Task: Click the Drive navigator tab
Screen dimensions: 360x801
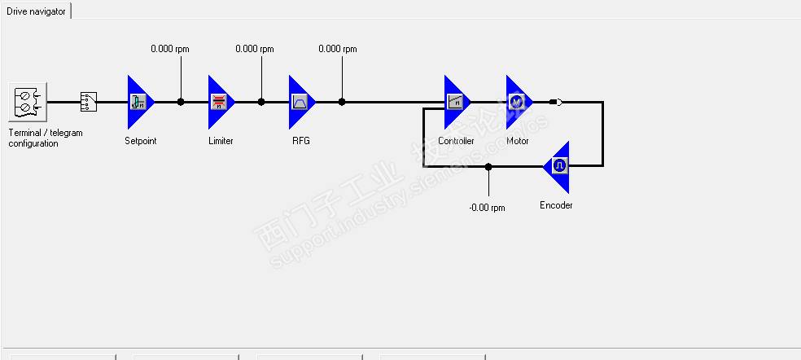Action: point(36,11)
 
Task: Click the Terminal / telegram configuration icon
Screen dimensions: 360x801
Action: point(28,103)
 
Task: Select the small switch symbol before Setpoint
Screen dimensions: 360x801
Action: point(88,102)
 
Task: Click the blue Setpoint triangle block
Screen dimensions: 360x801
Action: point(139,102)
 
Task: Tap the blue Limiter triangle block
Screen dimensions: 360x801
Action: point(219,102)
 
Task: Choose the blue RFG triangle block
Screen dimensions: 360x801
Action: point(300,102)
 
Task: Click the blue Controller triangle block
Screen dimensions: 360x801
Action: point(456,102)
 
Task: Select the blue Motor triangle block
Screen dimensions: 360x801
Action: point(517,102)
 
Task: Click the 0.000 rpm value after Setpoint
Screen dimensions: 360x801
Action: point(170,49)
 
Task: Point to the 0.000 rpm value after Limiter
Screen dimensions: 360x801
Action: point(255,49)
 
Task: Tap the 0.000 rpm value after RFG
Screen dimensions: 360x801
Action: point(338,49)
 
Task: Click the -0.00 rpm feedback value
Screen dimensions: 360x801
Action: point(487,208)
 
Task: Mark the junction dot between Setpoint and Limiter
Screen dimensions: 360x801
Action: point(181,102)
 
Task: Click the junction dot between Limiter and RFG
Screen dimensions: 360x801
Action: point(261,102)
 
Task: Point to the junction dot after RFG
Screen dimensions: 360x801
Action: point(342,102)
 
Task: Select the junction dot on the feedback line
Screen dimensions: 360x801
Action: point(488,166)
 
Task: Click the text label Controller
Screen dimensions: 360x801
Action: point(456,141)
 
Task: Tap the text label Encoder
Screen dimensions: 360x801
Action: point(556,205)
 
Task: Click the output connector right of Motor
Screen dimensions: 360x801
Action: point(556,102)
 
